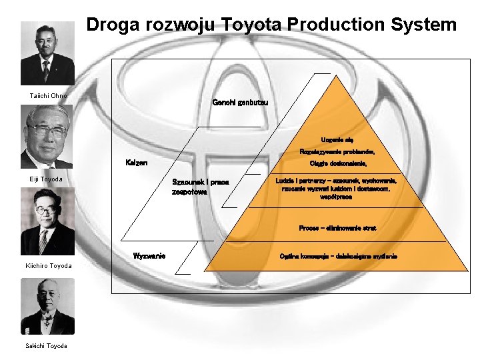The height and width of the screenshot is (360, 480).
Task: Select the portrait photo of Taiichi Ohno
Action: pos(47,53)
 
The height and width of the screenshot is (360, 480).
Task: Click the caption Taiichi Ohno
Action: pos(48,96)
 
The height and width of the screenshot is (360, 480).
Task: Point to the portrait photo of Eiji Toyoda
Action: pos(47,137)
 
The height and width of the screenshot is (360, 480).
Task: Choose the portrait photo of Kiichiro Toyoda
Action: pos(47,221)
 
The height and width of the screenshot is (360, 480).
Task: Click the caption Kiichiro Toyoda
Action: pos(49,266)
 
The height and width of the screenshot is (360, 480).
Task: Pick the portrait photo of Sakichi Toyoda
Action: pos(47,306)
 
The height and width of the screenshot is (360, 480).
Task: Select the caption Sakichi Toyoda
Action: pos(47,345)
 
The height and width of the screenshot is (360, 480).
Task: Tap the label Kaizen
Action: pos(137,163)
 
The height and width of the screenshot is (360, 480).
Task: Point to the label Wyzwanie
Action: pos(149,256)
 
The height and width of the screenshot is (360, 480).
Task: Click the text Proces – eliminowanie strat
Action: pos(337,228)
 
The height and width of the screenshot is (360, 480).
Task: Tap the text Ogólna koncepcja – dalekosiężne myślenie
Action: pos(339,257)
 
